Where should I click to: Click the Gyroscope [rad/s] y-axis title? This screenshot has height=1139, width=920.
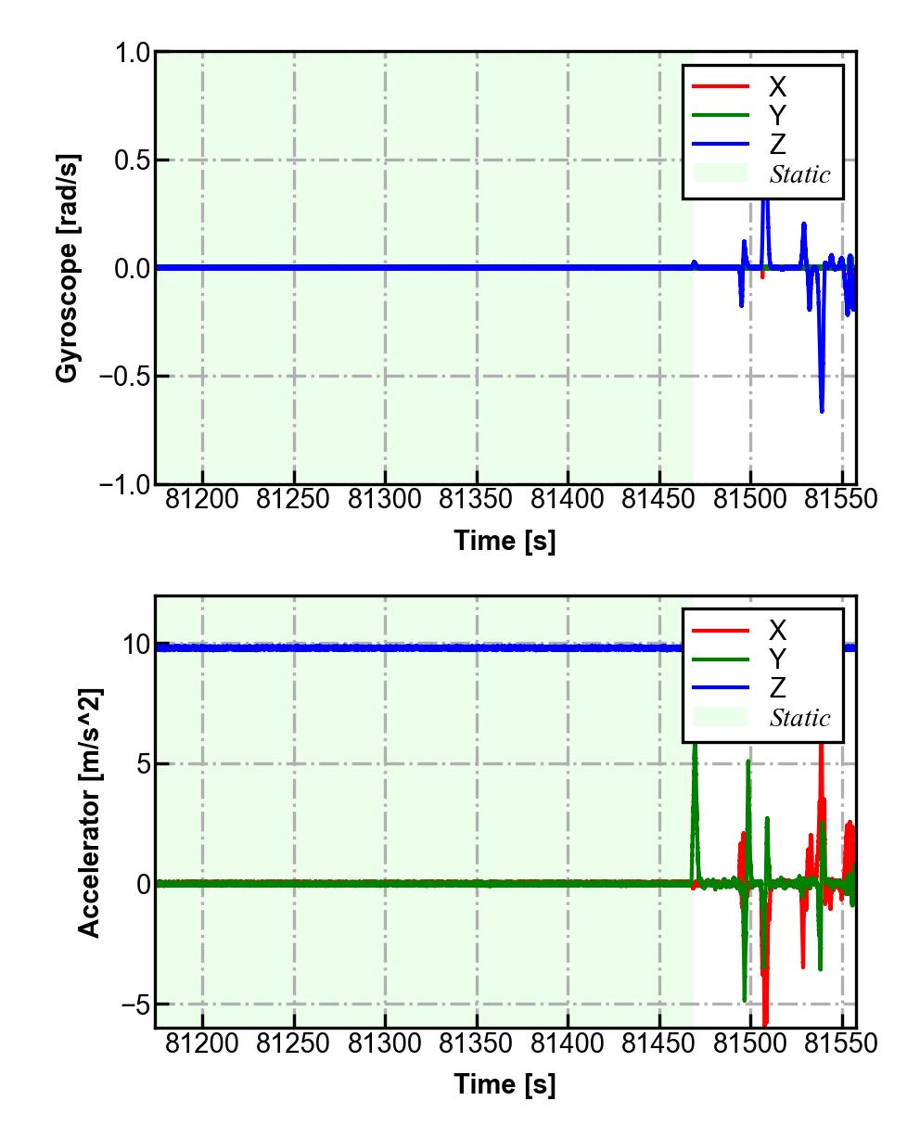click(68, 268)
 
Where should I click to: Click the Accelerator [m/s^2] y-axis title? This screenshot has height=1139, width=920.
click(90, 812)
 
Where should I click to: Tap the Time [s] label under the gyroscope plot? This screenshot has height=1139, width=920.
click(505, 540)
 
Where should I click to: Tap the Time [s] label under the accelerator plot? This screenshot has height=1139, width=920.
click(505, 1083)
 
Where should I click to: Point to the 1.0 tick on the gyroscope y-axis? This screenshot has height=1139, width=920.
click(132, 53)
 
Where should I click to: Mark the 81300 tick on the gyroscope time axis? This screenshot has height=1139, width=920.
click(385, 499)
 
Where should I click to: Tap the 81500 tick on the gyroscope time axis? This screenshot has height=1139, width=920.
click(750, 499)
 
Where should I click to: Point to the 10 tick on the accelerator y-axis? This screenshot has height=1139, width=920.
click(137, 645)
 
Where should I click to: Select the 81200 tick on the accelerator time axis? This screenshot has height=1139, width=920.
click(202, 1043)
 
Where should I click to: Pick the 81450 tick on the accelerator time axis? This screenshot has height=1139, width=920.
click(658, 1043)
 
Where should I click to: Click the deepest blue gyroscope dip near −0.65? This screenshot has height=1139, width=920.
click(822, 409)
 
